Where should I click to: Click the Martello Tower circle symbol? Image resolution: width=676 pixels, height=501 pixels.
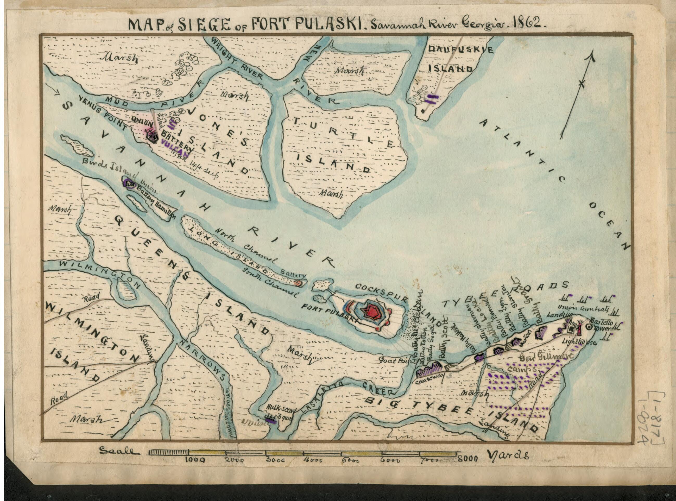(x=589, y=327)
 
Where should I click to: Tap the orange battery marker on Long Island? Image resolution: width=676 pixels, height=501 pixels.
(x=298, y=283)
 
